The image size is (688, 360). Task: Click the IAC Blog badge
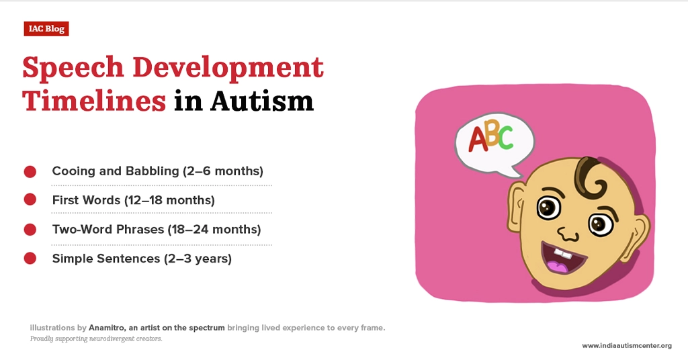(x=46, y=29)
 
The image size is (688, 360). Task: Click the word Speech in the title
(x=73, y=69)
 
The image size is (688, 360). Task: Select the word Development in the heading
(x=228, y=69)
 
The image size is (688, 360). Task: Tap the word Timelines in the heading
(x=94, y=101)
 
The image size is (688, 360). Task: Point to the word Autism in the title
(x=262, y=101)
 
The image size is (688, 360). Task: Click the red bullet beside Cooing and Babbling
(x=30, y=171)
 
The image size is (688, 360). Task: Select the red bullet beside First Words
(x=30, y=199)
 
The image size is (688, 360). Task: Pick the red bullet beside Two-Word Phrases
(x=30, y=229)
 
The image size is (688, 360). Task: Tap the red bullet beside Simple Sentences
(x=30, y=259)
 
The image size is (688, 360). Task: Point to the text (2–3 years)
(x=198, y=259)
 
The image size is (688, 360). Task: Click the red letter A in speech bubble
(x=478, y=138)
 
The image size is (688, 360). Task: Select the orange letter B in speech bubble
(x=492, y=133)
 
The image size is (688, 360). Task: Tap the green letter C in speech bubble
(x=505, y=137)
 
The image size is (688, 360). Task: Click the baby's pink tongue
(x=560, y=267)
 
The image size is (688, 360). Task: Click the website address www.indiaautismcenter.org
(x=627, y=345)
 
